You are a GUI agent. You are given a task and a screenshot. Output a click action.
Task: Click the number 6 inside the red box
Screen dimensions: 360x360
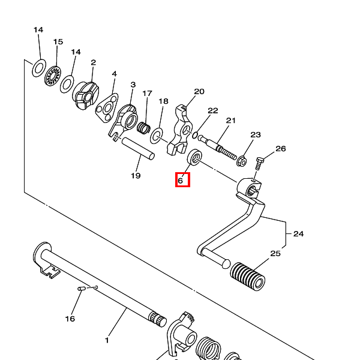point(181,180)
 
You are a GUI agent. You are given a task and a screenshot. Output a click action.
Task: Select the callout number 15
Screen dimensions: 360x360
point(58,42)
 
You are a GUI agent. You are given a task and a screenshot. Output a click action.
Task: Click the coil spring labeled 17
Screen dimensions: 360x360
point(143,127)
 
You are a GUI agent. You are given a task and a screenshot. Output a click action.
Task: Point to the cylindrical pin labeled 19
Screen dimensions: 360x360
point(138,148)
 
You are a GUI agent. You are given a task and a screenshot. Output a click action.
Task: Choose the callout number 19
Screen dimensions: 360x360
point(136,176)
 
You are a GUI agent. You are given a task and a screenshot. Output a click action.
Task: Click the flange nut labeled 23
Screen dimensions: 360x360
point(243,160)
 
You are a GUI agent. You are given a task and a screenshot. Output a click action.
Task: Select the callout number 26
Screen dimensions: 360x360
point(280,149)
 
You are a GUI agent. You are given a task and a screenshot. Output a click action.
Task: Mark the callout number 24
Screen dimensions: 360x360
point(298,234)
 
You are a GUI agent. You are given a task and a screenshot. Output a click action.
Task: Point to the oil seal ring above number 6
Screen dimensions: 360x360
point(194,159)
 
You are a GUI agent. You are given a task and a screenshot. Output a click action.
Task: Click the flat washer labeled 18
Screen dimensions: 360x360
point(158,135)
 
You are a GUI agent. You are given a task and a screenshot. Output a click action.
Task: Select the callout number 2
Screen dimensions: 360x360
point(94,62)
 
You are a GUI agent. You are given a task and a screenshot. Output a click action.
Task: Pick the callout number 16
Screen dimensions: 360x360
point(70,319)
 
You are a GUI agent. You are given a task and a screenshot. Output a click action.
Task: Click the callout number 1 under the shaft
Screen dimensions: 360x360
point(107,340)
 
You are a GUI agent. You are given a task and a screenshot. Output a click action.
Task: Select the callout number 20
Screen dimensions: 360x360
point(199,91)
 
